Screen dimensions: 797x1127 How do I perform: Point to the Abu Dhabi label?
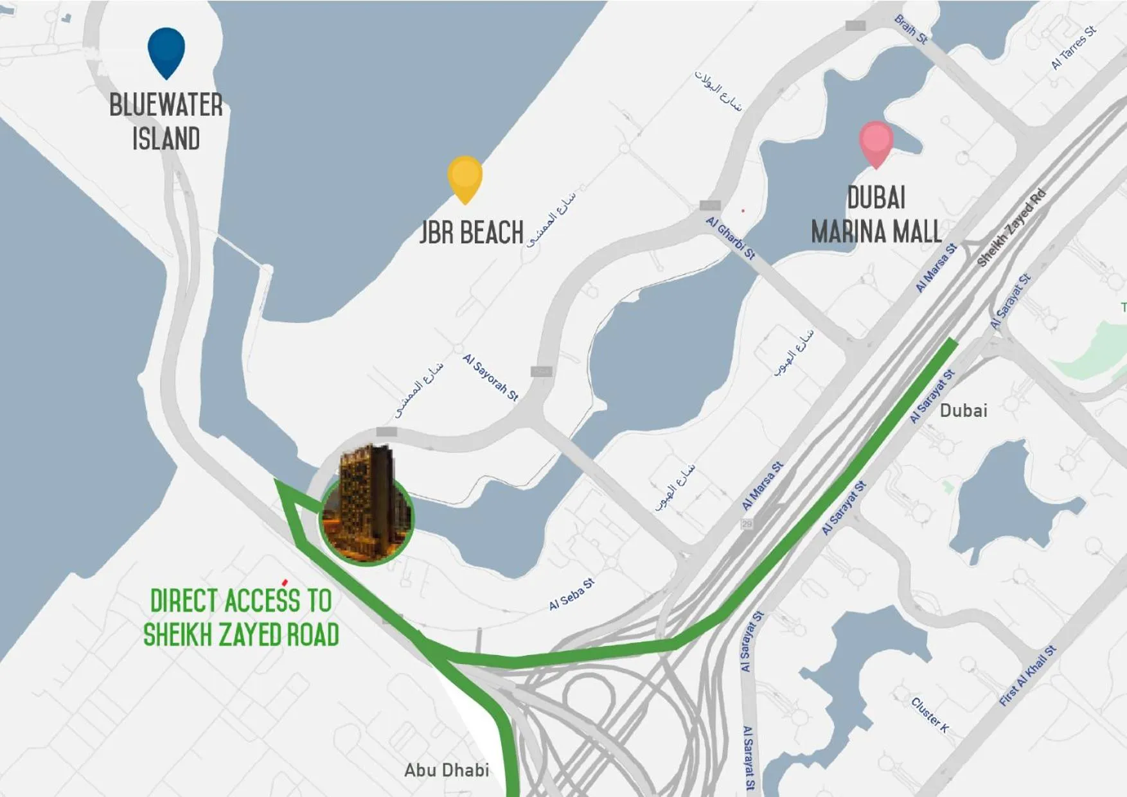447,769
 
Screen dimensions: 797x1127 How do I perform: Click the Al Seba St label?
571,595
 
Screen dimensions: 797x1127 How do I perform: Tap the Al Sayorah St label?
490,377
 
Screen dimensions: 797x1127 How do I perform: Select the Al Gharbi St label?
731,238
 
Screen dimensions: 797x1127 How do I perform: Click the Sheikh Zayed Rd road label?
1011,228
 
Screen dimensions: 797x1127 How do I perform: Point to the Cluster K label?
930,714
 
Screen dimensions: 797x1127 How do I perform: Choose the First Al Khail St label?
1027,676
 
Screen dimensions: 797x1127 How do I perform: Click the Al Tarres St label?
1073,48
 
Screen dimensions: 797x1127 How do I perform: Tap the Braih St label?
911,30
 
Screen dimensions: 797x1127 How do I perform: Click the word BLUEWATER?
166,105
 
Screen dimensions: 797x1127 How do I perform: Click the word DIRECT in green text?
182,601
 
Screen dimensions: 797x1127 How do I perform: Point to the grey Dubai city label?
963,410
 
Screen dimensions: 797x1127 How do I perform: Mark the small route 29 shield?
747,524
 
